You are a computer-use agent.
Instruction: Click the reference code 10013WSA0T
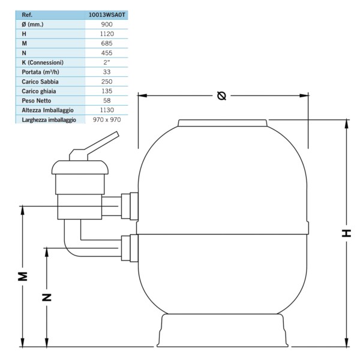(107, 15)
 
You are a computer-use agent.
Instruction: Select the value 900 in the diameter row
(107, 25)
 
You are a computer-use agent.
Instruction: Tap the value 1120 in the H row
(107, 34)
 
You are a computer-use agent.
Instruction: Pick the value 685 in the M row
(107, 43)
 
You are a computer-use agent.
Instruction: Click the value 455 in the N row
(107, 53)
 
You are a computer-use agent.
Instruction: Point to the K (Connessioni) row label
(43, 62)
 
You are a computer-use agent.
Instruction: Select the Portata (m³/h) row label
(40, 72)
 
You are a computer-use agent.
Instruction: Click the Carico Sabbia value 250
(107, 82)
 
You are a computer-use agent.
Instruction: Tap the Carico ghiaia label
(39, 91)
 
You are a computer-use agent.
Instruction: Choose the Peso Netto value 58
(107, 101)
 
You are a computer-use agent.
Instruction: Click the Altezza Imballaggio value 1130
(107, 110)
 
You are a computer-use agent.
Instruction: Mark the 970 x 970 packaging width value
(107, 119)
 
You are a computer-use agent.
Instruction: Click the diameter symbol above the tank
(221, 95)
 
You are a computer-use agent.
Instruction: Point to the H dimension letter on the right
(346, 233)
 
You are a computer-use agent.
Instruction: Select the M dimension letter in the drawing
(23, 277)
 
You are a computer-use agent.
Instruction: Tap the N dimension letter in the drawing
(47, 298)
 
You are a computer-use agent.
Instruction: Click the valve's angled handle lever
(94, 146)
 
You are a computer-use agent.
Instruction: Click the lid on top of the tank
(223, 123)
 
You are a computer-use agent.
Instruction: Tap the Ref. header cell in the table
(27, 15)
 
